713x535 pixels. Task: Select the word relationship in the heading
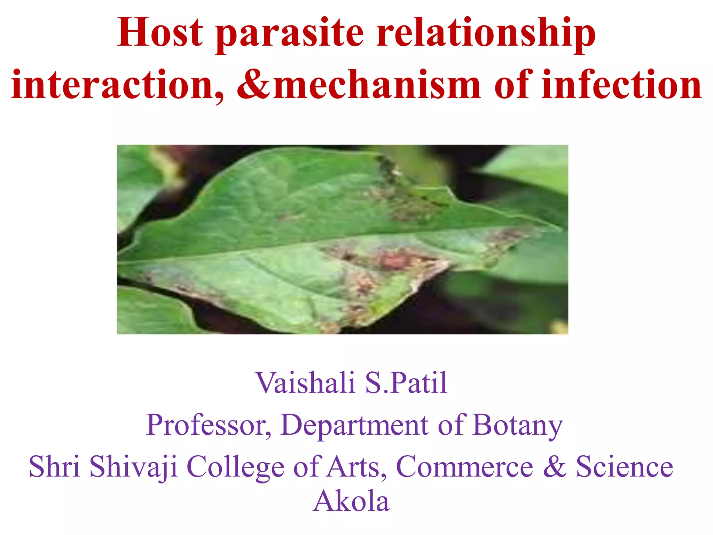coord(486,34)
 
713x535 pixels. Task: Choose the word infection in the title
coord(622,85)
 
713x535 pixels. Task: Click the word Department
coord(354,426)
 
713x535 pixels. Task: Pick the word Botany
coord(518,426)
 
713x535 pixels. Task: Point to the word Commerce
coord(464,467)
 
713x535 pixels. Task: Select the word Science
coord(625,467)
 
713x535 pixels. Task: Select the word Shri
coord(54,467)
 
